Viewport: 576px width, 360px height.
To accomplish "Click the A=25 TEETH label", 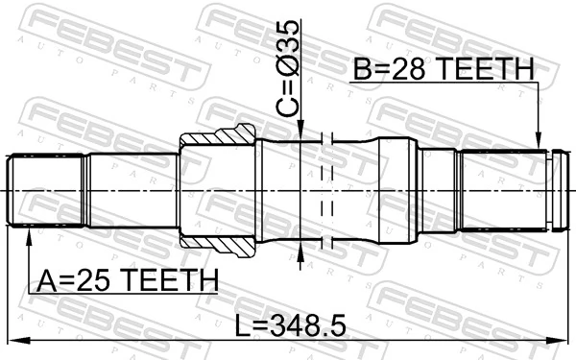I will click(127, 280).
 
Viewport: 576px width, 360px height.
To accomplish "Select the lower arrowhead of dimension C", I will click(302, 252).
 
